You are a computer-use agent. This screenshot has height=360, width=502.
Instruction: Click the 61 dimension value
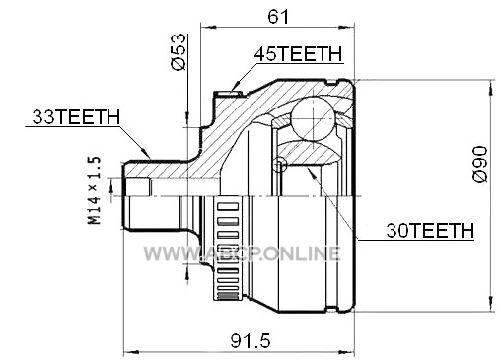click(x=278, y=16)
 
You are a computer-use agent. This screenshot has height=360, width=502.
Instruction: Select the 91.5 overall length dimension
click(x=251, y=340)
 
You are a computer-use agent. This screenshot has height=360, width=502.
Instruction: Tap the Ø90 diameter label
click(x=480, y=164)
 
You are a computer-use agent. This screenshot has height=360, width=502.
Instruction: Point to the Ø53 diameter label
click(x=179, y=51)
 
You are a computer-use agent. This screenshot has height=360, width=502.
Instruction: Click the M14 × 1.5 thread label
click(x=94, y=190)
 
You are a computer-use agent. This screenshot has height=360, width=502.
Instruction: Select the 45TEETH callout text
click(x=299, y=54)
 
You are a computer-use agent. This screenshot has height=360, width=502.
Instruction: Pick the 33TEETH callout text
click(x=76, y=116)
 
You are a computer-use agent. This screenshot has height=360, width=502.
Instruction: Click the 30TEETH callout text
click(x=430, y=230)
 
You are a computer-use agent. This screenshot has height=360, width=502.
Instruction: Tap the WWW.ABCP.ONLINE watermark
click(x=242, y=253)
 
